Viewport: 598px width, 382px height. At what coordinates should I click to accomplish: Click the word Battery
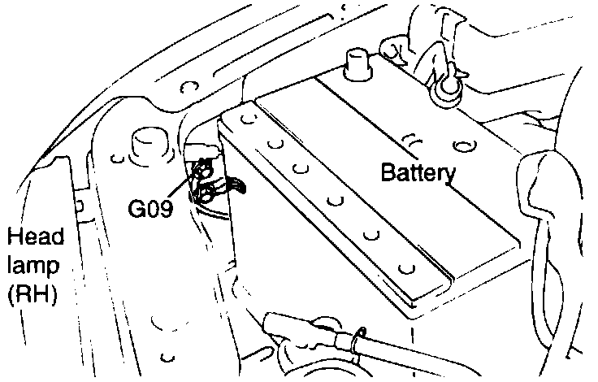[x=418, y=172]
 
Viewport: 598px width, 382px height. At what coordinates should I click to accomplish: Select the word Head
[x=30, y=237]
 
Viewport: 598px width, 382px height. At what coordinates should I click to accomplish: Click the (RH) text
[x=30, y=294]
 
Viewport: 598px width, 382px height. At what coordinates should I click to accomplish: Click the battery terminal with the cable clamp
[x=444, y=86]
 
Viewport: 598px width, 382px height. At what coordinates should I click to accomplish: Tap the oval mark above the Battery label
[x=466, y=146]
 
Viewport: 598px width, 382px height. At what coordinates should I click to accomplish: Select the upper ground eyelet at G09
[x=203, y=171]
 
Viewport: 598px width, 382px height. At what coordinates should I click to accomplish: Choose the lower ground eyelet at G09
[x=205, y=193]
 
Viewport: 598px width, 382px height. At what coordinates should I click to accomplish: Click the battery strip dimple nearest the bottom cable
[x=407, y=267]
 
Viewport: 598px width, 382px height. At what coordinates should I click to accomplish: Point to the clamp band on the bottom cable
[x=356, y=339]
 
